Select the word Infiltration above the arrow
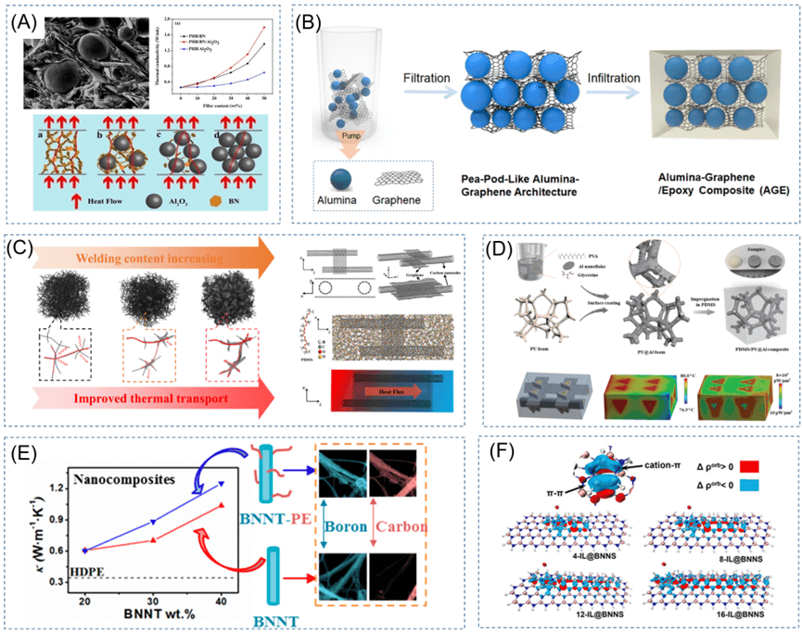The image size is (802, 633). (x=617, y=82)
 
